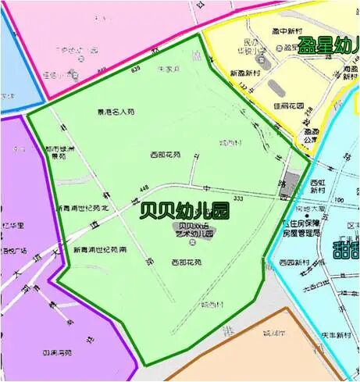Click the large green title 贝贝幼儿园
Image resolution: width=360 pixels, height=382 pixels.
point(184,210)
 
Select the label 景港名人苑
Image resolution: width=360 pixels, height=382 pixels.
point(116,112)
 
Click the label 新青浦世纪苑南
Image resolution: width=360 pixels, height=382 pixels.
point(99,250)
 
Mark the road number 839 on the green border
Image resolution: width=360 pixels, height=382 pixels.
point(137,70)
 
